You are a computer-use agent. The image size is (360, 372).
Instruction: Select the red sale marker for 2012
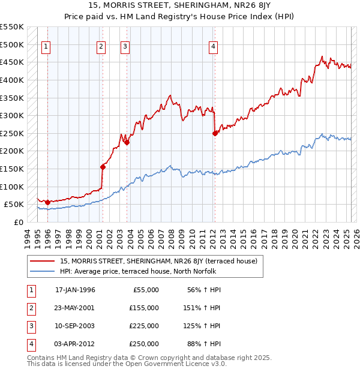215,133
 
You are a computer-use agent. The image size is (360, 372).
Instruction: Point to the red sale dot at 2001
103,167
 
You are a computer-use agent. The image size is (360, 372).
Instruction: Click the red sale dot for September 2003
127,142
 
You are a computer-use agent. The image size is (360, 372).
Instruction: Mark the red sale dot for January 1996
47,202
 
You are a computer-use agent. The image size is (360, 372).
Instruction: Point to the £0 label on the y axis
18,222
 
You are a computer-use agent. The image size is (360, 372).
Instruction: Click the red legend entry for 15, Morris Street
158,261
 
